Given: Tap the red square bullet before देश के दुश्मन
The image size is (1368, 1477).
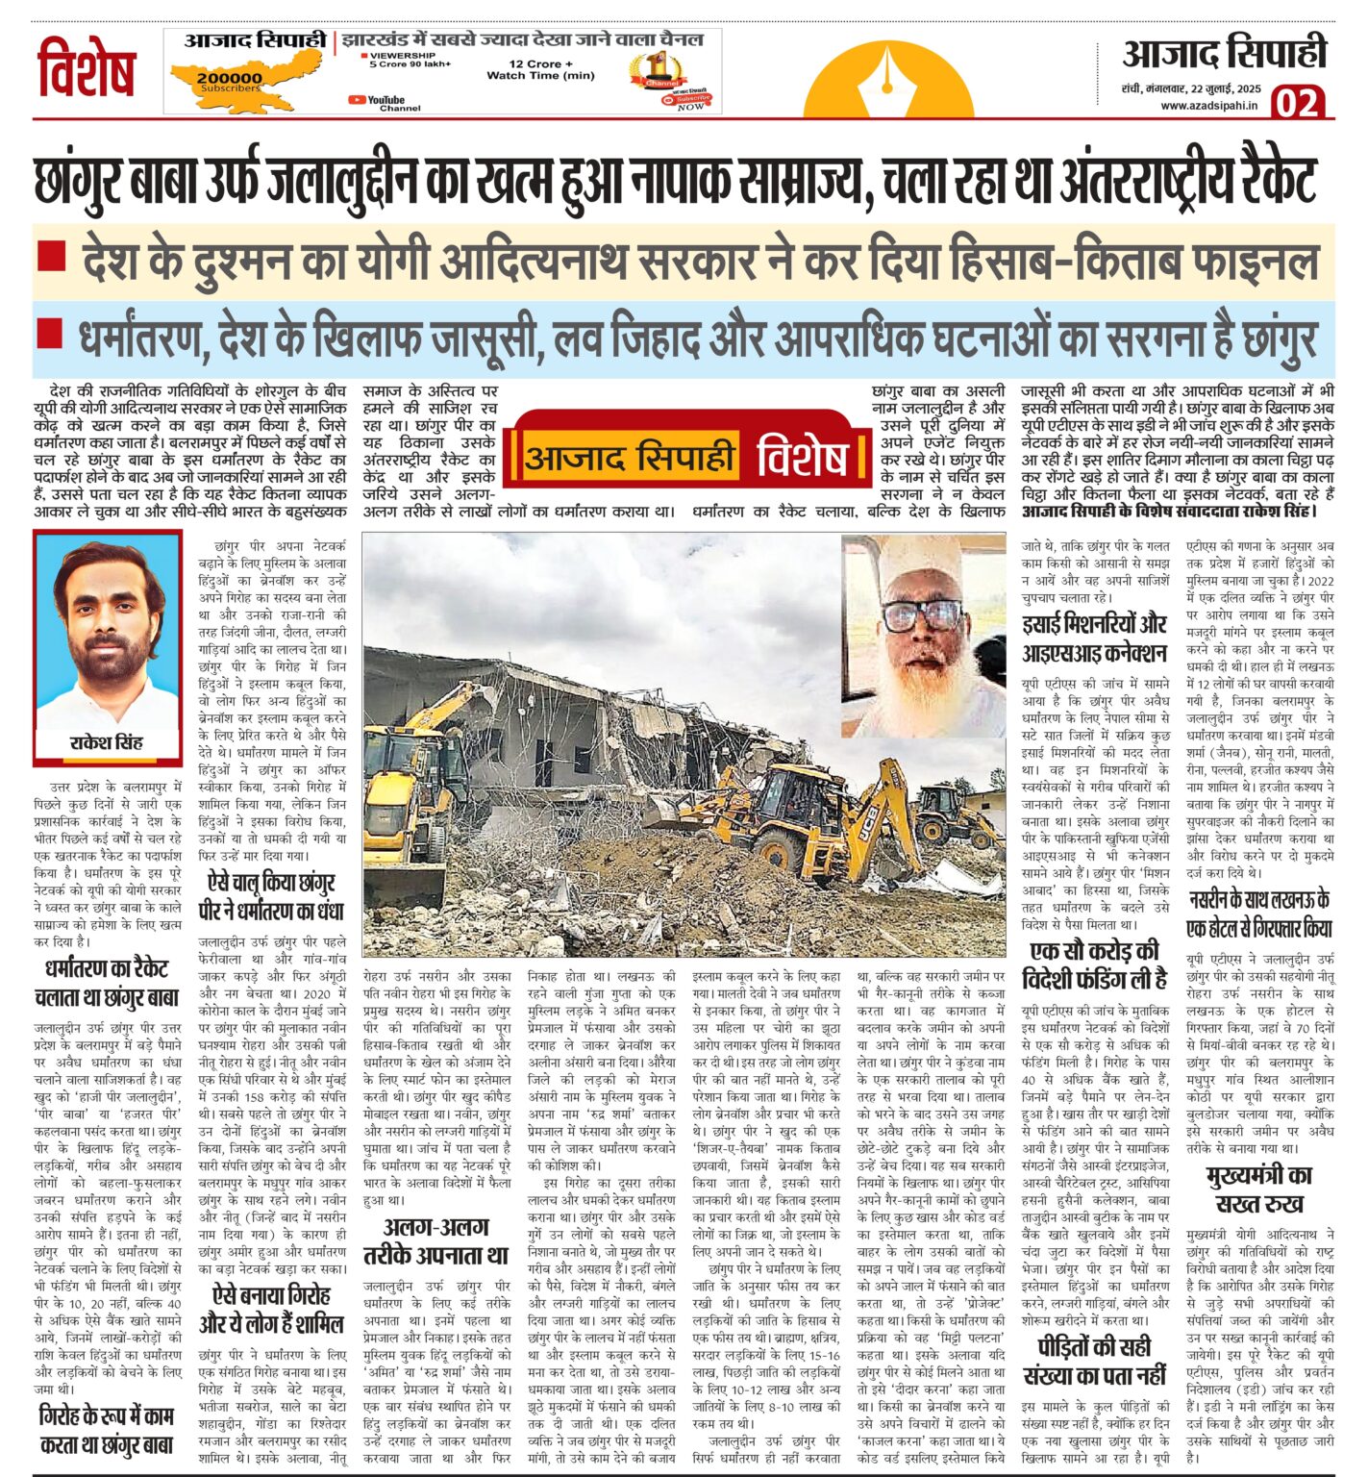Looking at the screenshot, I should tap(51, 256).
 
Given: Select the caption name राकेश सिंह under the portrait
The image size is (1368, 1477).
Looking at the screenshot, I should tap(107, 742).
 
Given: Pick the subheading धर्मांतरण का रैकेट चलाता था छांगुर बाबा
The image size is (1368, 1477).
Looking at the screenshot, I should tap(107, 982).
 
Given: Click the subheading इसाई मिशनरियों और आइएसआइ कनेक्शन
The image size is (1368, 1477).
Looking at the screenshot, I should tap(1094, 638).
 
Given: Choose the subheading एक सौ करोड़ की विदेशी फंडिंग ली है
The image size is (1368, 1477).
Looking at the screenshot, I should tap(1094, 964).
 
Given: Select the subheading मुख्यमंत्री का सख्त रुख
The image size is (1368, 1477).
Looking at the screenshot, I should tap(1259, 1189).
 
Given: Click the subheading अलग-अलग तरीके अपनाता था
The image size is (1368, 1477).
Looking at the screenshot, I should tap(435, 1240).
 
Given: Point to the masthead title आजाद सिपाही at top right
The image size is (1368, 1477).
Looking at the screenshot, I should tap(1224, 53).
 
